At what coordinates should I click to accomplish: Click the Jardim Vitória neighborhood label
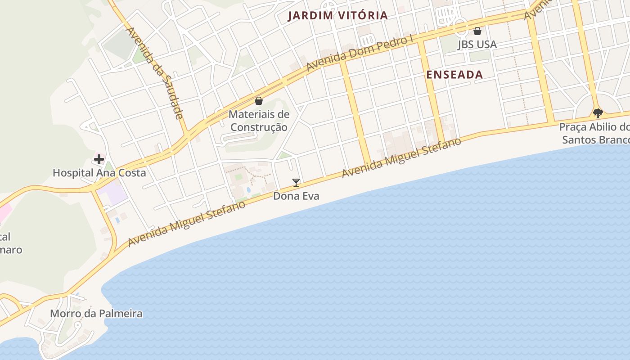click(337, 15)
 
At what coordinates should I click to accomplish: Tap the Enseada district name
click(454, 75)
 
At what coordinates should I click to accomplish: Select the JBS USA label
click(477, 44)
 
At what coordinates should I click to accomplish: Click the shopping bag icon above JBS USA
click(477, 31)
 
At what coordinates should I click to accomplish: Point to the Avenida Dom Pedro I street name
click(360, 53)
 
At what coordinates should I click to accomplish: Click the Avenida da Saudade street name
click(155, 72)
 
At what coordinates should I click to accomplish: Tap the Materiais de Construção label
click(259, 121)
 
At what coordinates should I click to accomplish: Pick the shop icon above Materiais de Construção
click(259, 101)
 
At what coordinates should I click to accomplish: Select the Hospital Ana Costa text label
click(99, 172)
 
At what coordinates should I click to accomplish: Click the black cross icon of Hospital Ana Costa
click(99, 159)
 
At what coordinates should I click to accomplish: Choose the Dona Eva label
click(296, 196)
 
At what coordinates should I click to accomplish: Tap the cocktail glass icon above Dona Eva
click(296, 182)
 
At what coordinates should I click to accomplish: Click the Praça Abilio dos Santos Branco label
click(594, 133)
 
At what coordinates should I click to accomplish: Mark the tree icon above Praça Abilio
click(598, 113)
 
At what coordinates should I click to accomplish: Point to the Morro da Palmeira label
click(96, 313)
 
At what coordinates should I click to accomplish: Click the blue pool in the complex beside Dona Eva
click(249, 190)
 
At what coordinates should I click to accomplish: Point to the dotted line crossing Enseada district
click(517, 67)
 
